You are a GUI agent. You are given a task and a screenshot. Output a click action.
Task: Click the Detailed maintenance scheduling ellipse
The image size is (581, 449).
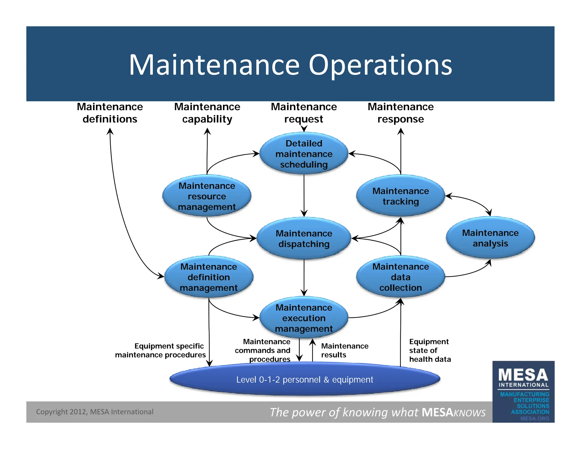tap(304, 154)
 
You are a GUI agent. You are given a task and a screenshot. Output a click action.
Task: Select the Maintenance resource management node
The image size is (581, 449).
tap(207, 196)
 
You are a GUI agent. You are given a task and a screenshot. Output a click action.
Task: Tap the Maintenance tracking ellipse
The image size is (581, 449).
tap(401, 196)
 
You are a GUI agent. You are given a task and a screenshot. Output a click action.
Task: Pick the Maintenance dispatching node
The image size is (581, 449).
tap(304, 239)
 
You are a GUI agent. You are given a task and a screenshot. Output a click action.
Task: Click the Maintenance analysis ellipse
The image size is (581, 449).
tap(490, 238)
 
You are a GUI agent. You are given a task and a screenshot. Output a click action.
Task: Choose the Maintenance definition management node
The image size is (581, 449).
tap(209, 277)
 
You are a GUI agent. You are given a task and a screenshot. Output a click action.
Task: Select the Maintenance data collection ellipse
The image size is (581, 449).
tap(401, 277)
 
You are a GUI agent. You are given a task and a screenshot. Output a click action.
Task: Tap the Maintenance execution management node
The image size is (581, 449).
tap(304, 318)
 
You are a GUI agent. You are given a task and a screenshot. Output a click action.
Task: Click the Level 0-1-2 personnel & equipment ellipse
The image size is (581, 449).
tap(305, 379)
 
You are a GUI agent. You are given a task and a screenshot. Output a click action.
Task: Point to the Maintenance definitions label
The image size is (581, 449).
tap(110, 113)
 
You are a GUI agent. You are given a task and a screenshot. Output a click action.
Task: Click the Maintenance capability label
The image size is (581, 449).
tap(207, 113)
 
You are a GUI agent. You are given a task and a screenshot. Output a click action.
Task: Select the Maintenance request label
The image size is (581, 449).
tap(304, 113)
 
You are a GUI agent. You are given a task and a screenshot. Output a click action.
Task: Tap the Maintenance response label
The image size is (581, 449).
tap(401, 113)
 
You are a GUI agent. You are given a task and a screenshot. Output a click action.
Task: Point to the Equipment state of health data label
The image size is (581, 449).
tap(430, 350)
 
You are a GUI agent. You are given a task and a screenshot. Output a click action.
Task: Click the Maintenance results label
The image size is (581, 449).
tap(344, 350)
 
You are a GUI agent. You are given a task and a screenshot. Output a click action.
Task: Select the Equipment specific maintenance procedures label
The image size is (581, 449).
tap(161, 350)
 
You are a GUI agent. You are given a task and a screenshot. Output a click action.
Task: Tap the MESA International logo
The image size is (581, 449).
tap(523, 392)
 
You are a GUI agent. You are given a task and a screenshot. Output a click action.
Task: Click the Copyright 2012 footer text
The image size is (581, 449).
tap(94, 412)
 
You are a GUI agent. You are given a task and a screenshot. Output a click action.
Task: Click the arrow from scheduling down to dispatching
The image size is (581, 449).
tap(304, 196)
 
